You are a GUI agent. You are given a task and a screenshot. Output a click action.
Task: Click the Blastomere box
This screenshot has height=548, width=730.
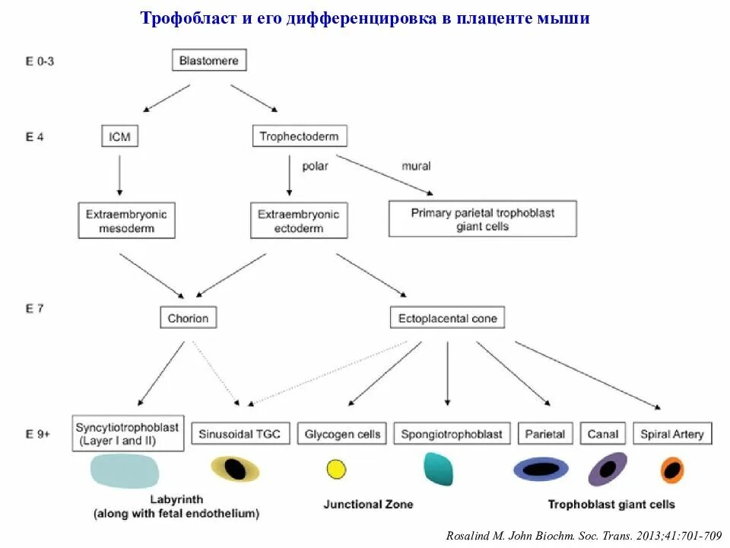pyautogui.click(x=209, y=60)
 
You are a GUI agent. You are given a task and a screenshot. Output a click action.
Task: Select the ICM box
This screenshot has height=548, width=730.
pyautogui.click(x=119, y=136)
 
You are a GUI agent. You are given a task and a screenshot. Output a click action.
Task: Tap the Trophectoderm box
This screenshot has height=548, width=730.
pyautogui.click(x=299, y=136)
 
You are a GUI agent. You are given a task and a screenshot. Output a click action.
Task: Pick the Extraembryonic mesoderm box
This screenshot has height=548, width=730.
pyautogui.click(x=126, y=221)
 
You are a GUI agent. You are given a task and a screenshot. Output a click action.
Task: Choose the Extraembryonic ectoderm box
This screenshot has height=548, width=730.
pyautogui.click(x=299, y=221)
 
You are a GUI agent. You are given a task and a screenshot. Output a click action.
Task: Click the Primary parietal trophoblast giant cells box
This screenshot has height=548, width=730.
pyautogui.click(x=482, y=219)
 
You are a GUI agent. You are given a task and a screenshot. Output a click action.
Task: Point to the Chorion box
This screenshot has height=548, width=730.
pyautogui.click(x=189, y=317)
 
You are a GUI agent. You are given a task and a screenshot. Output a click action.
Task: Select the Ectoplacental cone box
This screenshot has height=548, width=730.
pyautogui.click(x=447, y=317)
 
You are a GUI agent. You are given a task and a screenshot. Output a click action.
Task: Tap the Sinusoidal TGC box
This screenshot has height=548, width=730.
pyautogui.click(x=240, y=434)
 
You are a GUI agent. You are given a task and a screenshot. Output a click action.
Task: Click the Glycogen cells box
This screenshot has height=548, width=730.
pyautogui.click(x=342, y=434)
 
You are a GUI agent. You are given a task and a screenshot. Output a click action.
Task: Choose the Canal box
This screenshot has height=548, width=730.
pyautogui.click(x=603, y=434)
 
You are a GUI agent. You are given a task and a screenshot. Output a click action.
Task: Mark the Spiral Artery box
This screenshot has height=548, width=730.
pyautogui.click(x=672, y=434)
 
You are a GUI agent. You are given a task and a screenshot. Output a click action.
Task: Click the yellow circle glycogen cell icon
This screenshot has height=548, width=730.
pyautogui.click(x=336, y=469)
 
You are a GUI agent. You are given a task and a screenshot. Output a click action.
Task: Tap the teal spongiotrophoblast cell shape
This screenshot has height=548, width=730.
pyautogui.click(x=438, y=469)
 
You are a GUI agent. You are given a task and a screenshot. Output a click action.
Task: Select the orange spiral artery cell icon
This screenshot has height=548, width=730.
pyautogui.click(x=671, y=470)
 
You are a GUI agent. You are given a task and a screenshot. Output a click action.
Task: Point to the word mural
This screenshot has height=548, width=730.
pyautogui.click(x=416, y=166)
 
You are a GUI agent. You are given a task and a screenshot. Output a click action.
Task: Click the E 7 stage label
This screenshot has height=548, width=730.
pyautogui.click(x=35, y=309)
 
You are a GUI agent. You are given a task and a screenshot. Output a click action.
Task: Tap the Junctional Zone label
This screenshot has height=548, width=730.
pyautogui.click(x=369, y=504)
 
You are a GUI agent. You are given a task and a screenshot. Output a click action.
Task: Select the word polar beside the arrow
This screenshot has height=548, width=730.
pyautogui.click(x=315, y=166)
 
